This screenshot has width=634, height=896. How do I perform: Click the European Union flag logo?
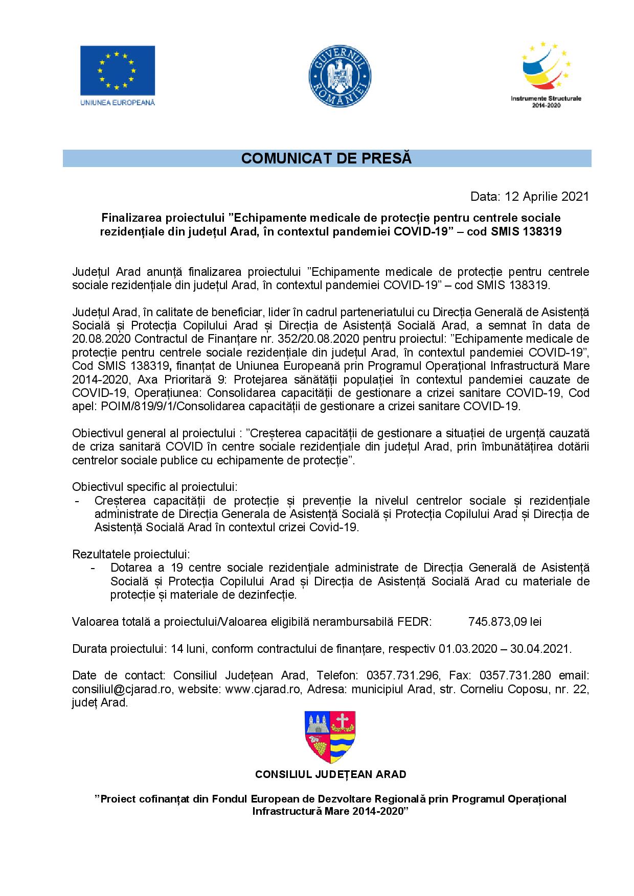pos(117,69)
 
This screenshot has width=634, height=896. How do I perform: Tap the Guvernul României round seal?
pos(340,74)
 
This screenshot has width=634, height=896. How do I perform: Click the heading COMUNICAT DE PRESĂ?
pos(326,159)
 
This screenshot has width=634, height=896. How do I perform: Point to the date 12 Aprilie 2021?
pos(547,197)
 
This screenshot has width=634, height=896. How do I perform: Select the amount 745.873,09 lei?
pos(505,622)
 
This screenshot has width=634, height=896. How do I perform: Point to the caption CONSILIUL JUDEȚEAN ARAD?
pos(331,774)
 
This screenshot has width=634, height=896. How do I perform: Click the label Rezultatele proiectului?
pos(131,554)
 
